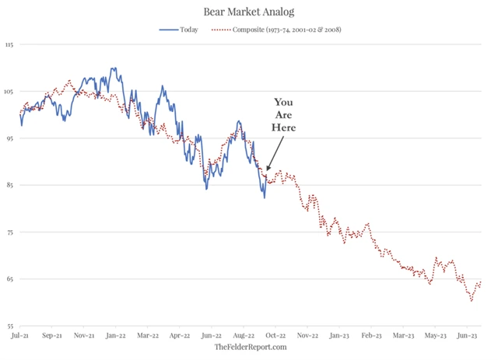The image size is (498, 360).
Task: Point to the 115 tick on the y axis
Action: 9,45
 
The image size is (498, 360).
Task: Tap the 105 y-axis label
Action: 9,92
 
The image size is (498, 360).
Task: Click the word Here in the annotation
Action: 283,128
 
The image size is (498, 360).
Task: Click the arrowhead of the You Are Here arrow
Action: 267,170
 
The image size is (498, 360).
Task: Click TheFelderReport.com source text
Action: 251,347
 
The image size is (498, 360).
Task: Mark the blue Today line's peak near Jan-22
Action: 114,68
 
